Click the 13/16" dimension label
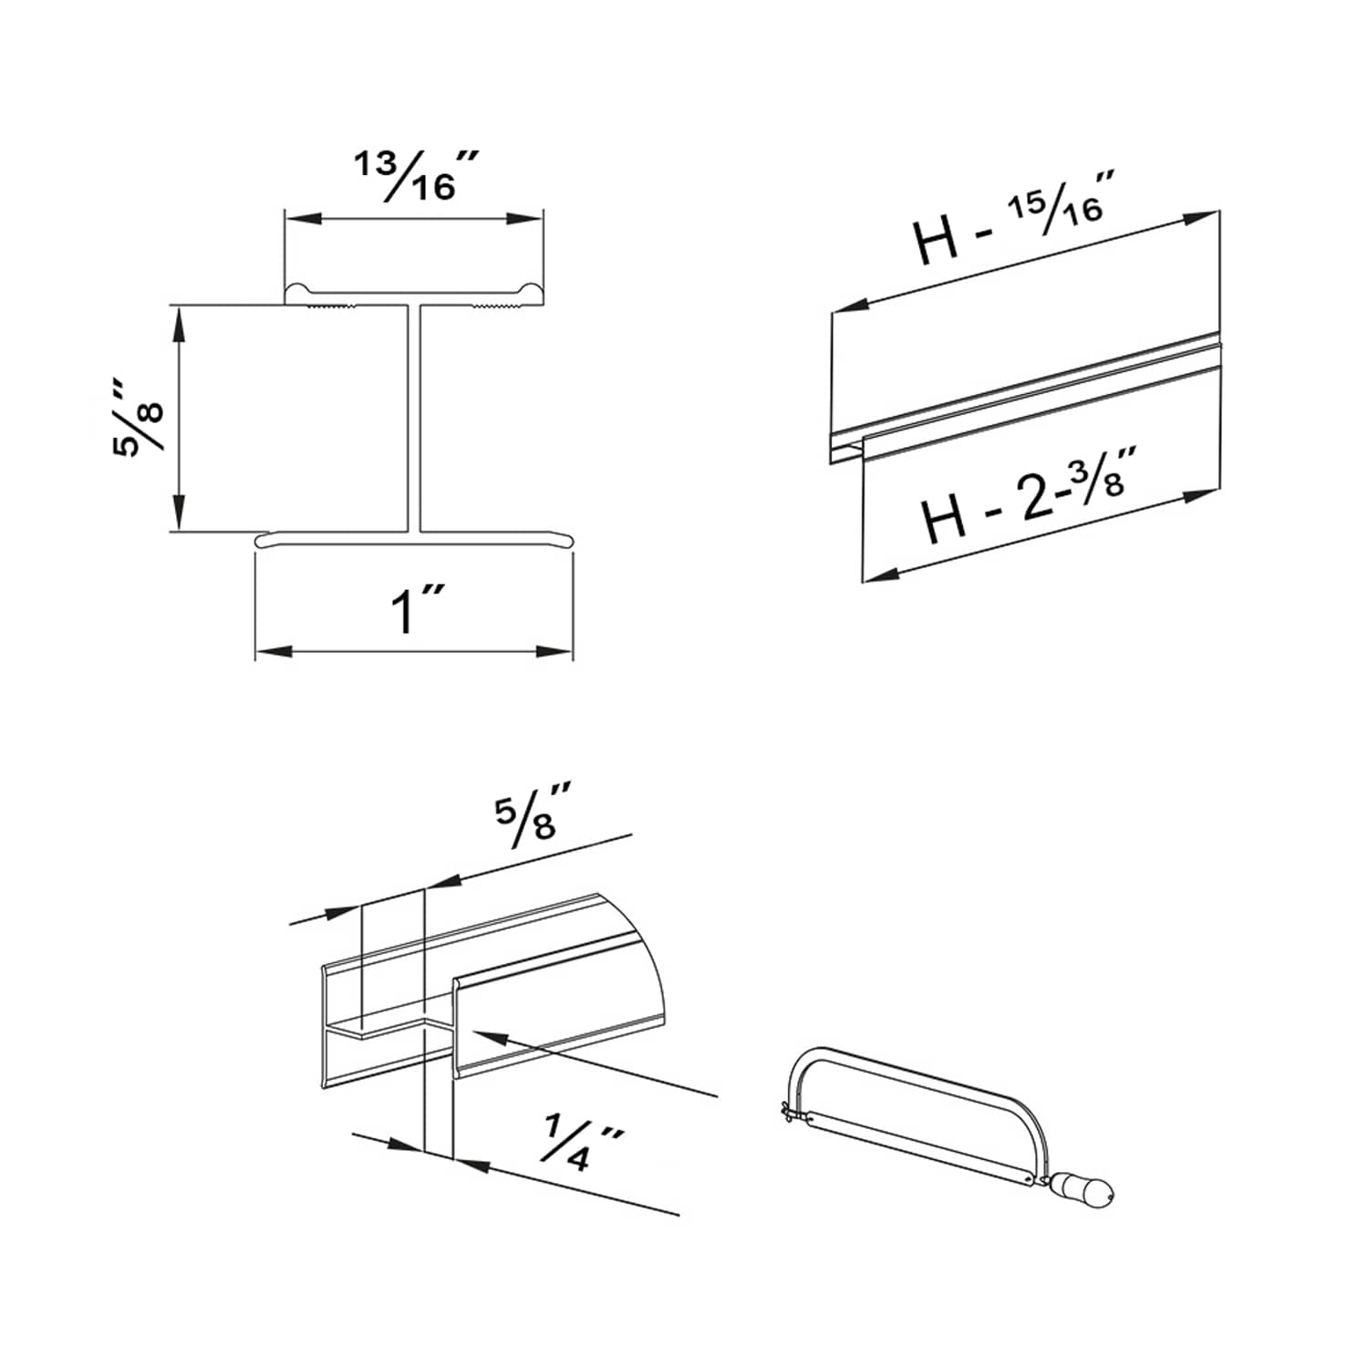[415, 175]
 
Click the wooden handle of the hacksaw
[1083, 1188]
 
